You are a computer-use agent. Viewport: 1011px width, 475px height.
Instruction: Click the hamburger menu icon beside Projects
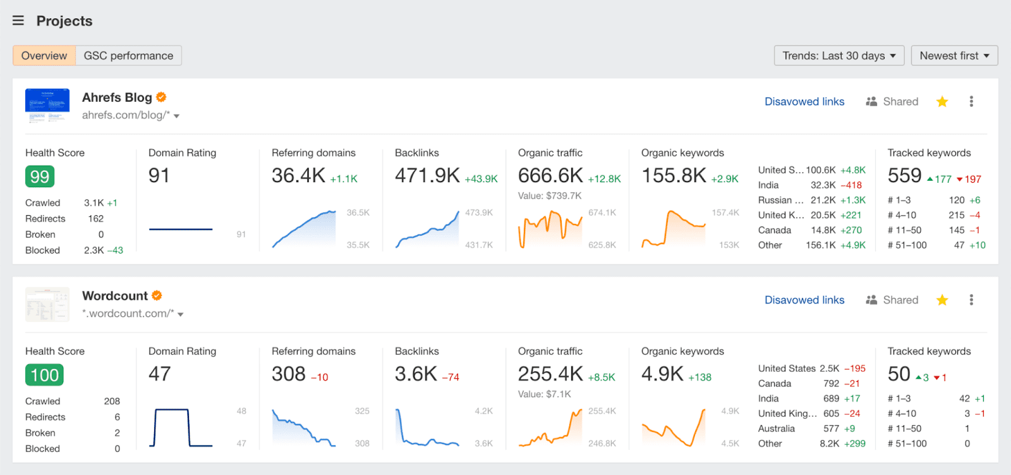(x=18, y=21)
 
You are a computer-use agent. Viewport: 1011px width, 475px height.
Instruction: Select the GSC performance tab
(x=128, y=56)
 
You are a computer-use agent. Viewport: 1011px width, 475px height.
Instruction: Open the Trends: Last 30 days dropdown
(x=838, y=56)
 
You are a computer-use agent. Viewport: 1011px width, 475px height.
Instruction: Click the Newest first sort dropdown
(x=954, y=56)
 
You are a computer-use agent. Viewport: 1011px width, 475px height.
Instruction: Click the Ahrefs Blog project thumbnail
(x=47, y=106)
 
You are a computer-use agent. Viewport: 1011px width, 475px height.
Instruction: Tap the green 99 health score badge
(x=40, y=176)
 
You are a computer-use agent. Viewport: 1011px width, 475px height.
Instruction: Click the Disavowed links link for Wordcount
(x=804, y=300)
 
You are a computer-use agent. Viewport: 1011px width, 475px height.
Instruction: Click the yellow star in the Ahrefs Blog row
(x=942, y=102)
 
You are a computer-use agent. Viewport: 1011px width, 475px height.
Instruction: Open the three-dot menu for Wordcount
(x=971, y=300)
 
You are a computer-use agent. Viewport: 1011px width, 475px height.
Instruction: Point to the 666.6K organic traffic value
(x=550, y=176)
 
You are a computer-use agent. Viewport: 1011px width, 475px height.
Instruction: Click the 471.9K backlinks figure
(x=427, y=176)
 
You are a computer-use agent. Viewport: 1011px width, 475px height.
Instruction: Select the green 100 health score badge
(x=44, y=375)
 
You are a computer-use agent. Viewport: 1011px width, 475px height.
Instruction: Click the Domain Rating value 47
(x=160, y=374)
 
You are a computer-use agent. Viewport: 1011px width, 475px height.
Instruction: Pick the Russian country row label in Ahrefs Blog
(x=780, y=200)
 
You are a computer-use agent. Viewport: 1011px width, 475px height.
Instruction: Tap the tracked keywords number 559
(x=904, y=176)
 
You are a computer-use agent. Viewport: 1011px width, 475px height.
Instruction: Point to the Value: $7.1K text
(x=544, y=394)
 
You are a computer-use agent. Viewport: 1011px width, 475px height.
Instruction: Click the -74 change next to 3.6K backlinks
(x=451, y=378)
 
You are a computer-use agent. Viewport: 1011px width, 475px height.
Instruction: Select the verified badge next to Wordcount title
(x=157, y=295)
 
